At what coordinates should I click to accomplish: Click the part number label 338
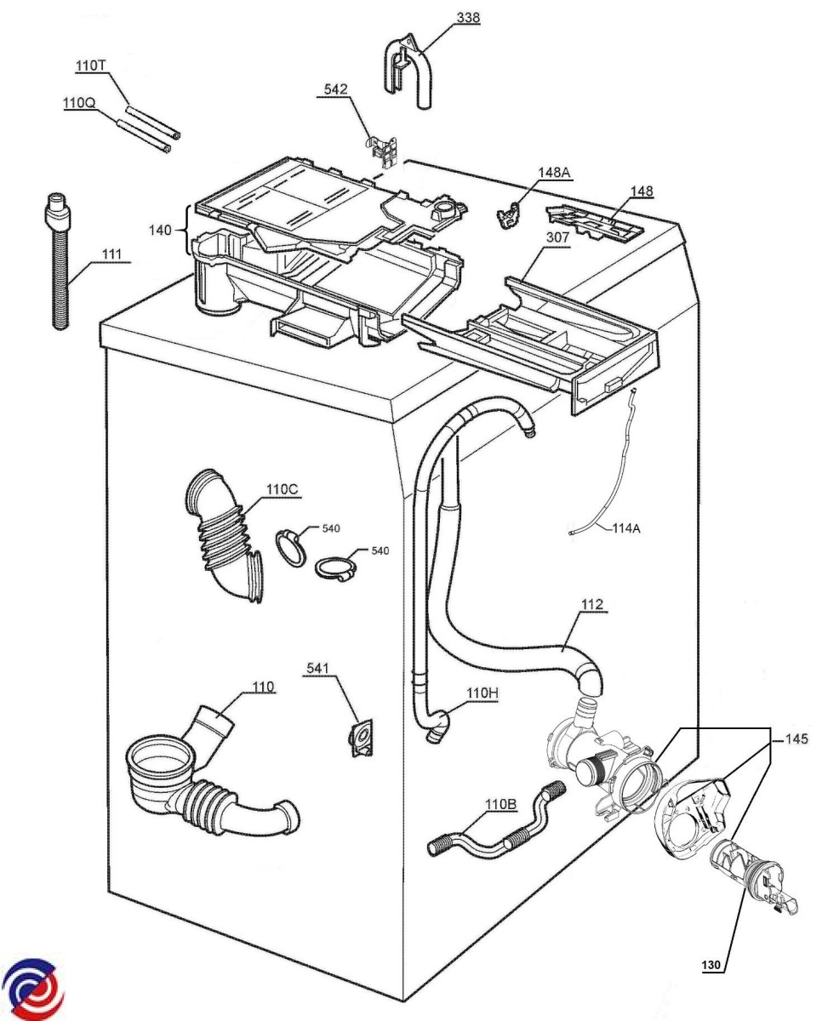[x=467, y=18]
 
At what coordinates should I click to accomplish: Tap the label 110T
[x=90, y=66]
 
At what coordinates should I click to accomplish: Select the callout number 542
[x=335, y=89]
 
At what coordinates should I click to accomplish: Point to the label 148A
[x=554, y=172]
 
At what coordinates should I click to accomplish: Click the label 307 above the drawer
[x=557, y=237]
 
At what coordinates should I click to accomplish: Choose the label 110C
[x=282, y=489]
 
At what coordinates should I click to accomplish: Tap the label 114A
[x=625, y=528]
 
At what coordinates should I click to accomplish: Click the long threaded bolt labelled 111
[x=59, y=261]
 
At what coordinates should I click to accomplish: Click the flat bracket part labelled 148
[x=595, y=223]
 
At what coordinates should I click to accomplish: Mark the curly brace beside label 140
[x=188, y=231]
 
